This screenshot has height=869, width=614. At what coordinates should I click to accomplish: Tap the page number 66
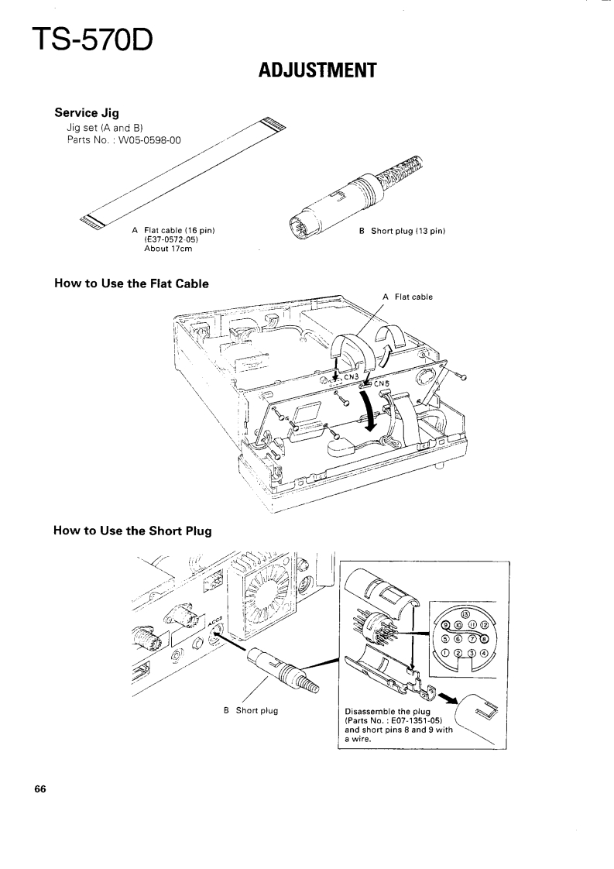tap(40, 790)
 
